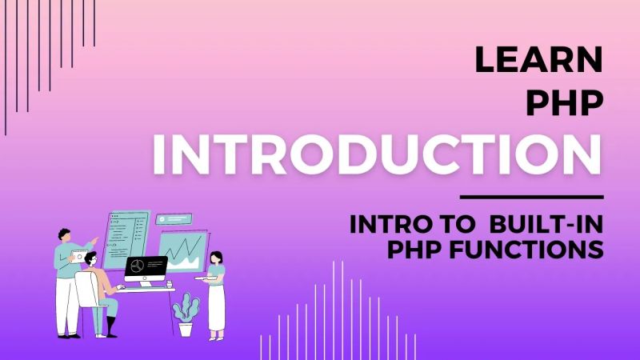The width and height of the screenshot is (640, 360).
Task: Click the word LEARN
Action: (x=538, y=61)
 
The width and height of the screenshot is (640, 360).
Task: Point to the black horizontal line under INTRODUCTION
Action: (x=532, y=196)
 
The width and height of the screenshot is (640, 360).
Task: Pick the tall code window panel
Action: (x=126, y=238)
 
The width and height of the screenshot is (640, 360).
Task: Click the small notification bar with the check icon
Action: (x=174, y=218)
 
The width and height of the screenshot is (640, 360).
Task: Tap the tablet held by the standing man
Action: (x=79, y=256)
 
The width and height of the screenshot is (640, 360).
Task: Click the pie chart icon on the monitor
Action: (x=137, y=265)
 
